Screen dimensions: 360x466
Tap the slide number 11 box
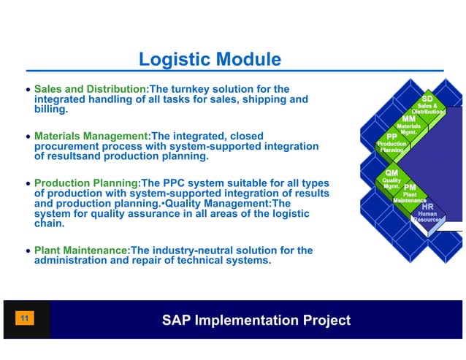click(25, 319)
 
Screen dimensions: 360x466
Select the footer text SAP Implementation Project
click(256, 321)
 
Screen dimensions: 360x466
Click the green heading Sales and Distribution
click(91, 89)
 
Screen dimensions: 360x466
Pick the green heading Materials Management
click(91, 137)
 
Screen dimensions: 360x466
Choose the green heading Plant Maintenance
click(81, 250)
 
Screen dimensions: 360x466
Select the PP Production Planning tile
click(391, 142)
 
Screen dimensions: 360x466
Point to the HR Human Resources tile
click(427, 212)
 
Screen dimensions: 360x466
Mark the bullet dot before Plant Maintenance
click(28, 251)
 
